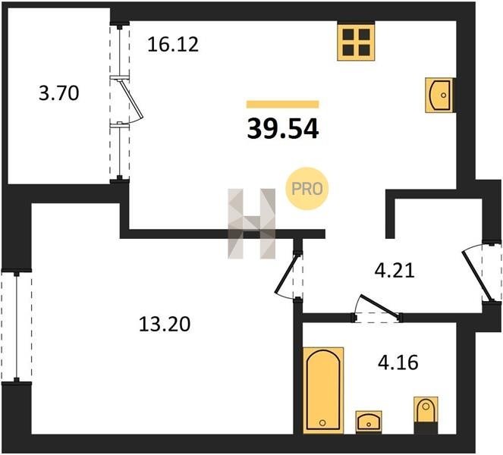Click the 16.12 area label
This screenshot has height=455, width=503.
[x=173, y=45]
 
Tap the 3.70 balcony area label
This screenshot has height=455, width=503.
[x=59, y=93]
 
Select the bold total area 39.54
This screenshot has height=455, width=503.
[x=283, y=129]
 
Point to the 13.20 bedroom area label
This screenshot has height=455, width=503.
[x=165, y=324]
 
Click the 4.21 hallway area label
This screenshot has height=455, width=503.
[x=395, y=270]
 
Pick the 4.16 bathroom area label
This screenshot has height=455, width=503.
[x=398, y=363]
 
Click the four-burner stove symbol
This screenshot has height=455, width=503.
[x=356, y=42]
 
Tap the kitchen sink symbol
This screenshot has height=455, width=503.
[x=439, y=95]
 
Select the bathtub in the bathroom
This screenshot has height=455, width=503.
[x=323, y=391]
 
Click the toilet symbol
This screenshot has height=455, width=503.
[x=426, y=415]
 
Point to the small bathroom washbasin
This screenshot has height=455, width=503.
[x=369, y=422]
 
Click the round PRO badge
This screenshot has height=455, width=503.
[x=307, y=189]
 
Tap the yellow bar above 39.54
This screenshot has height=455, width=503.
[x=283, y=104]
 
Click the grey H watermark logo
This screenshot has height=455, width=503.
[x=252, y=224]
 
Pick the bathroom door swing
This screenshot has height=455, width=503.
[x=377, y=306]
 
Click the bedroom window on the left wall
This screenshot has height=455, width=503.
[x=17, y=326]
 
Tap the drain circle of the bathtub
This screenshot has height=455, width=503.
[x=322, y=423]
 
